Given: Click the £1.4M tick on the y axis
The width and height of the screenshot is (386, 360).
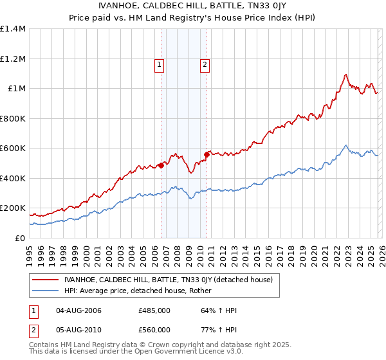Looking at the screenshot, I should click(13, 29).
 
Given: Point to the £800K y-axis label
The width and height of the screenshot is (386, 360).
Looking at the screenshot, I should click(13, 118).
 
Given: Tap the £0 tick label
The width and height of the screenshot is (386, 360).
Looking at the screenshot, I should click(20, 238).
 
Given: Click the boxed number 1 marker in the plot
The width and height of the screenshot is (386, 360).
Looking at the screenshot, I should click(159, 64).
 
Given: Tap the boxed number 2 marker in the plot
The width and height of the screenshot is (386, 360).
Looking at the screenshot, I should click(205, 64).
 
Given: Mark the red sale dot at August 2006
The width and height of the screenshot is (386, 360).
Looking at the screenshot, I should click(161, 165).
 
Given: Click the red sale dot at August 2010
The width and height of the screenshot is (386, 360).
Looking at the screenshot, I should click(207, 154).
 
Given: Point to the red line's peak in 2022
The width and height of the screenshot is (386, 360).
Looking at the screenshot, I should click(346, 74).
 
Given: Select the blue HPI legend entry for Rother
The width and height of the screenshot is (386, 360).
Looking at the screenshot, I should click(138, 291).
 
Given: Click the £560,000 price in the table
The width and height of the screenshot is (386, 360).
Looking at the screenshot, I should click(154, 330).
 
